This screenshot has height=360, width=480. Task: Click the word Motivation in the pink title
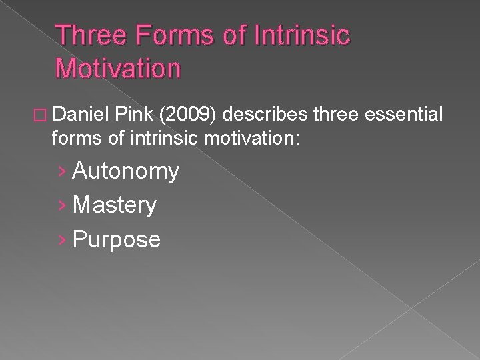point(119,67)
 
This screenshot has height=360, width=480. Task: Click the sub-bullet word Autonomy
point(126,172)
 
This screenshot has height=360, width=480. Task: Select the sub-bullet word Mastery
point(115,205)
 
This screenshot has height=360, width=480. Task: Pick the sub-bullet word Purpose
point(117,239)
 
